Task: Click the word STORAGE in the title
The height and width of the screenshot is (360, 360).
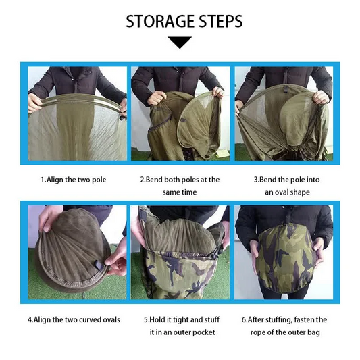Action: (x=160, y=21)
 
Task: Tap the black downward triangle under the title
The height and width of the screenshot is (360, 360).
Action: (x=180, y=43)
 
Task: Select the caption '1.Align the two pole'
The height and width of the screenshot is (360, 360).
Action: (x=74, y=180)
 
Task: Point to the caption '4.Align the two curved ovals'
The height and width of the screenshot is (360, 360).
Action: (x=74, y=319)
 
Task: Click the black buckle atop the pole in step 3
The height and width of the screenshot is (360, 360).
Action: (x=285, y=89)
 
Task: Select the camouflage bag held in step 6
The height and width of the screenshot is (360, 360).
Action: (x=286, y=258)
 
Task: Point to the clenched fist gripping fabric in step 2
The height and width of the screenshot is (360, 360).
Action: (x=157, y=98)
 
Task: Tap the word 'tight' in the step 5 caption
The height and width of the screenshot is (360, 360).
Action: (x=181, y=320)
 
